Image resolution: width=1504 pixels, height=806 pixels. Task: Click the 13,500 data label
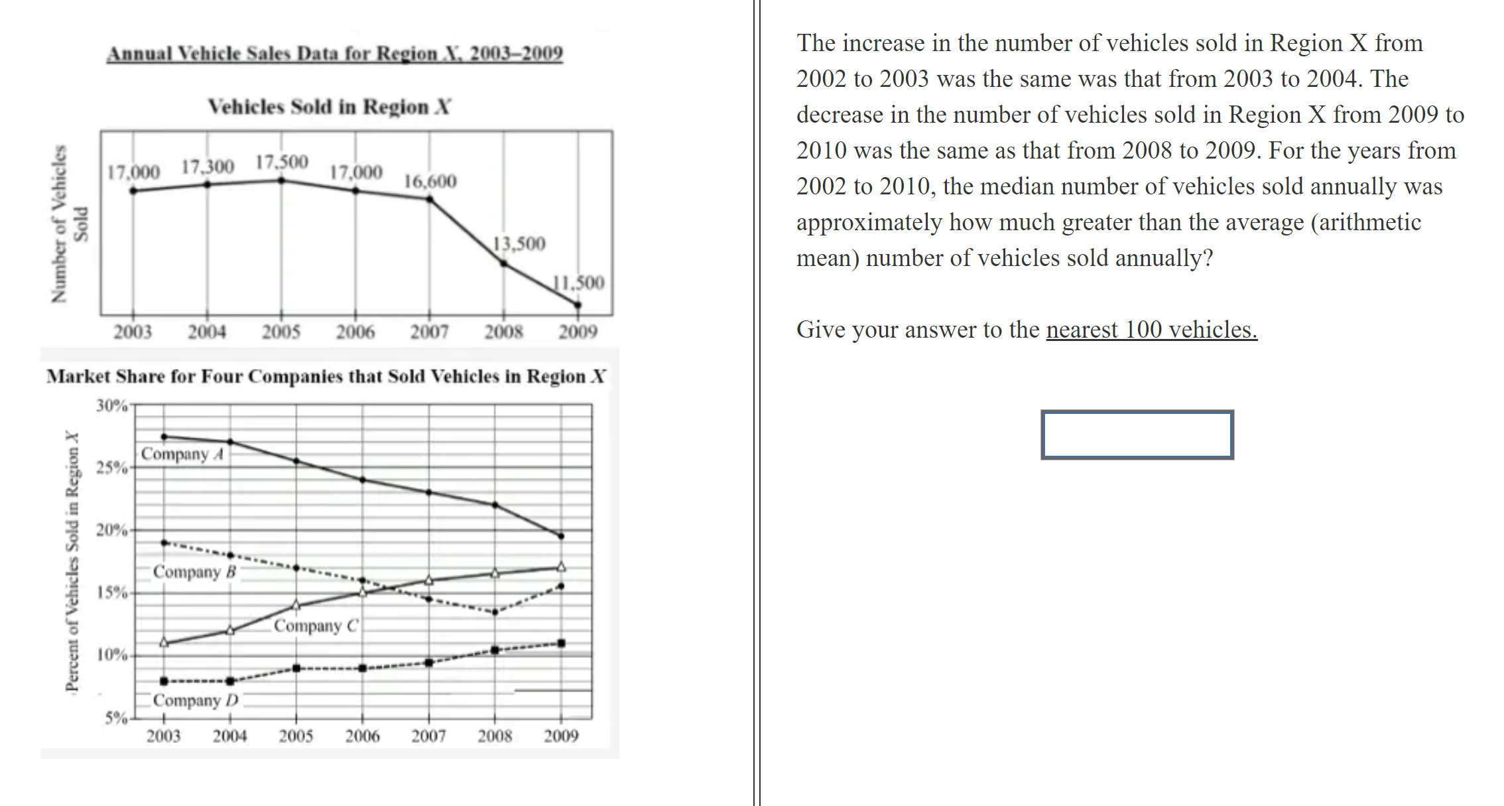519,243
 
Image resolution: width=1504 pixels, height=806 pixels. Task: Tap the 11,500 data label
579,283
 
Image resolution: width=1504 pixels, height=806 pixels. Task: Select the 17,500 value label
282,162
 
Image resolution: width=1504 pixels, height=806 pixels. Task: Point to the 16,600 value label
430,181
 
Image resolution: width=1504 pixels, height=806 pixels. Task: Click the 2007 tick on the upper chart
429,332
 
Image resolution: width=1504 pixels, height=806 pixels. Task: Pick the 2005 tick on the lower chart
296,736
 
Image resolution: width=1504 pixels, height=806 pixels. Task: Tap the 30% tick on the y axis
111,405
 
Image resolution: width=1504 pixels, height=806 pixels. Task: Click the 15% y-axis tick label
111,592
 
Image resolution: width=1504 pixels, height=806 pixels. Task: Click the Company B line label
194,572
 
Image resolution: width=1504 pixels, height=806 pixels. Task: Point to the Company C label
316,626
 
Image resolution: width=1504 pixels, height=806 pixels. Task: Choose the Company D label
195,701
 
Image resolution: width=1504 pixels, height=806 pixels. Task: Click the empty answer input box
1137,435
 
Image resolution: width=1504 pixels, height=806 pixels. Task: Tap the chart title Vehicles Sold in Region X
329,107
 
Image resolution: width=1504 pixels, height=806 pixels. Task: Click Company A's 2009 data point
561,536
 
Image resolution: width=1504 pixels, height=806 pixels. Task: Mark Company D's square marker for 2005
296,668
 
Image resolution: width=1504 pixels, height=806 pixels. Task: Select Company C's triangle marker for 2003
164,642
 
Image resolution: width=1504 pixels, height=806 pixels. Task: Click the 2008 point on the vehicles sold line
504,264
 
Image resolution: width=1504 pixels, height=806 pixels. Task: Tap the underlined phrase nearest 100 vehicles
1151,330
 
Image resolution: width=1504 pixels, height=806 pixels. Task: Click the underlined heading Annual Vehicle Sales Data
335,53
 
